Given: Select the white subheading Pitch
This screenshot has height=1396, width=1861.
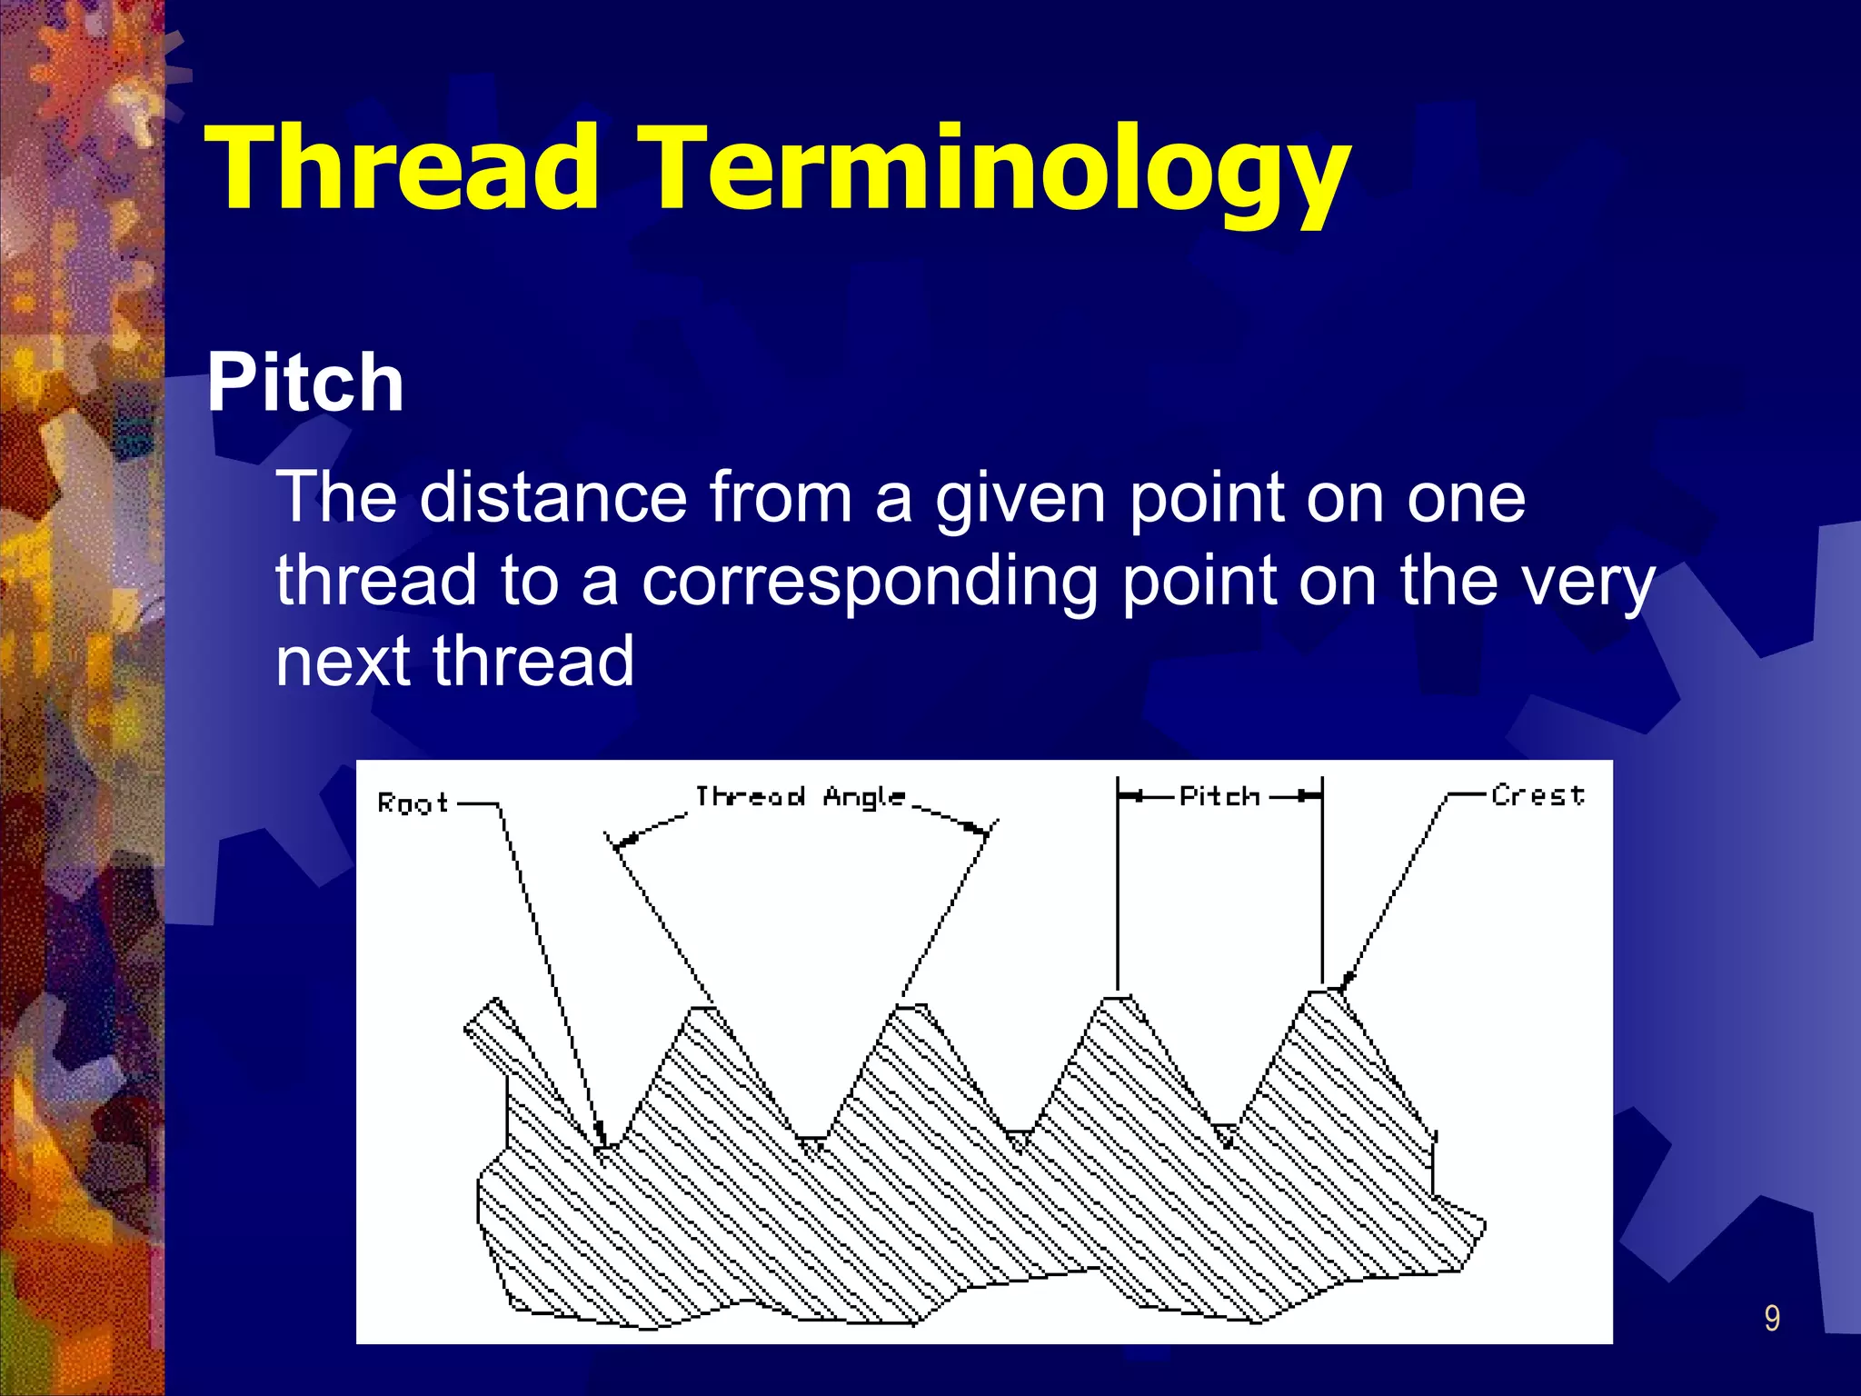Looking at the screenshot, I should pyautogui.click(x=305, y=384).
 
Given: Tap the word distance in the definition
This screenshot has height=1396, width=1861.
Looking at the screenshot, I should pyautogui.click(x=552, y=497).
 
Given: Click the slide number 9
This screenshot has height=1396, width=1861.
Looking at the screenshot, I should pyautogui.click(x=1771, y=1319).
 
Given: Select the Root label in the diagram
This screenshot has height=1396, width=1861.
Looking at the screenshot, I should pyautogui.click(x=413, y=803).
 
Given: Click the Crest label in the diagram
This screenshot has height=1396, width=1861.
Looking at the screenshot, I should pyautogui.click(x=1538, y=795).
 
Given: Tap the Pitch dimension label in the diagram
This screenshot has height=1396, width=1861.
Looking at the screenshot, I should pyautogui.click(x=1219, y=797).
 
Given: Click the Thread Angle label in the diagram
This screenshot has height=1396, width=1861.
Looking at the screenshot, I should pyautogui.click(x=800, y=797).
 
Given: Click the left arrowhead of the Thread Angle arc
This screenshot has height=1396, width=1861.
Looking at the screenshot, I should pyautogui.click(x=620, y=844).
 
